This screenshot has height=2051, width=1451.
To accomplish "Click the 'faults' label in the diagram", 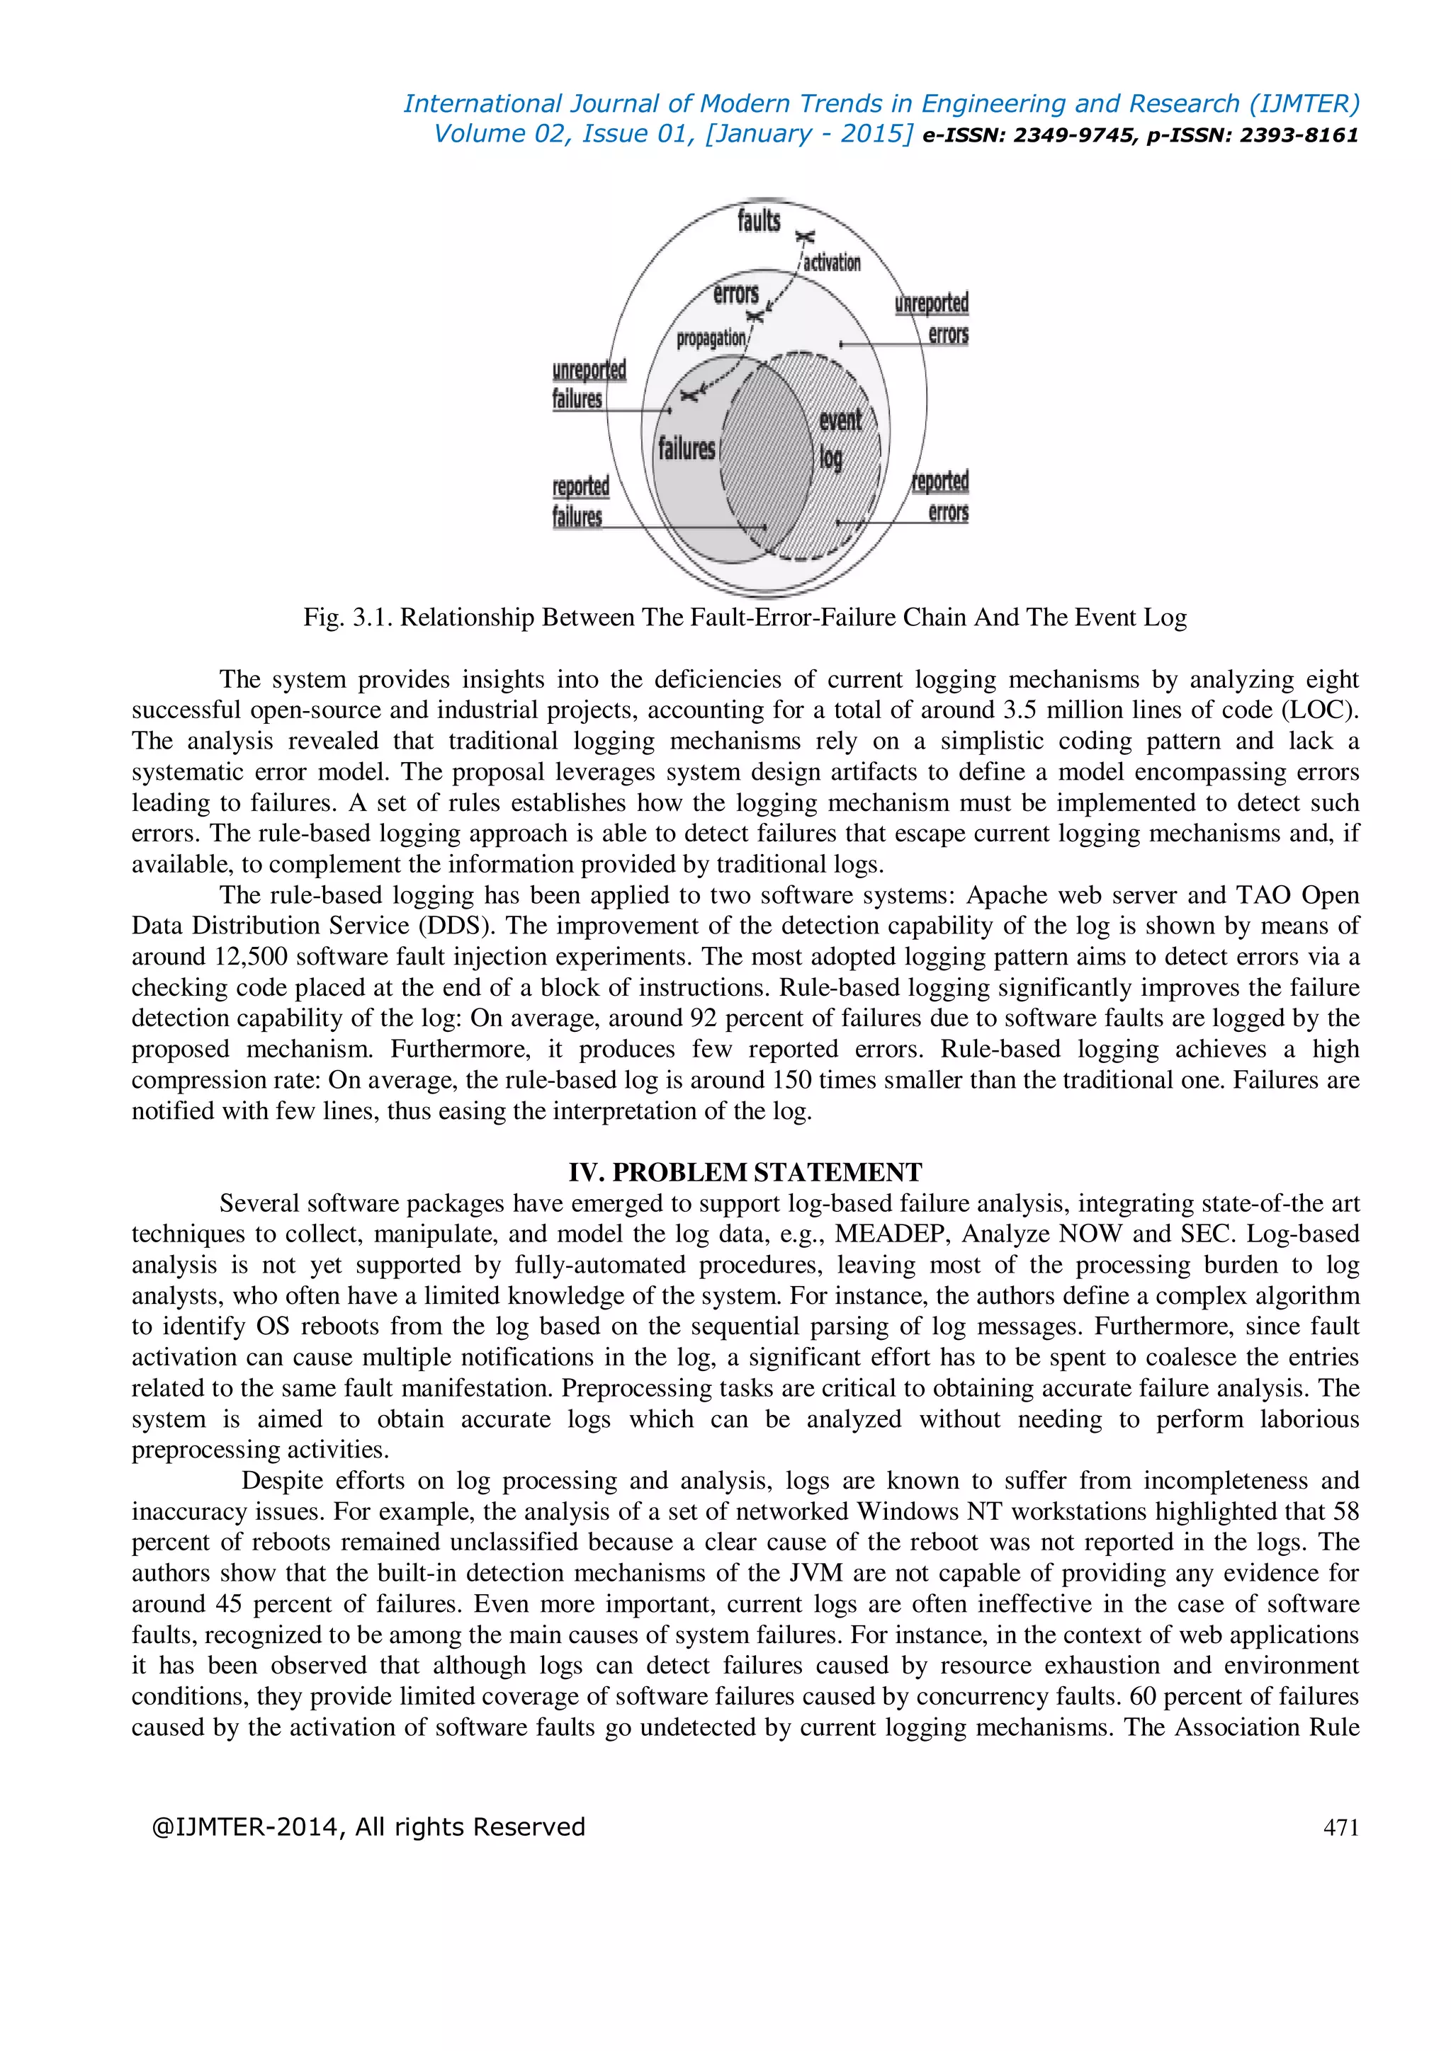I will pos(759,220).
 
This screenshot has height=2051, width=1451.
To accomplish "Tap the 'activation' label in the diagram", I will pos(832,263).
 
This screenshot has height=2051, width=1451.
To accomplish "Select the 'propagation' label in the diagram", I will pos(711,339).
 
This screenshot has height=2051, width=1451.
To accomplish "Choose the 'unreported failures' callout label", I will pos(588,384).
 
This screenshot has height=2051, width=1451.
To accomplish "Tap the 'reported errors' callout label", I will pos(940,496).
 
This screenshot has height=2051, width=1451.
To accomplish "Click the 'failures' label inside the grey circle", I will pos(687,448).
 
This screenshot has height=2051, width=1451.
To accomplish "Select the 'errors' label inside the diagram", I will pos(735,294).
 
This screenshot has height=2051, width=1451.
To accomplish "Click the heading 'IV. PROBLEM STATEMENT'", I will pos(745,1172).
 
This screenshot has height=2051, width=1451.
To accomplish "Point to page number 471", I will pos(1340,1828).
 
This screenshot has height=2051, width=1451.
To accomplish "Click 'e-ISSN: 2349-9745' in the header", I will pos(1027,136).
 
